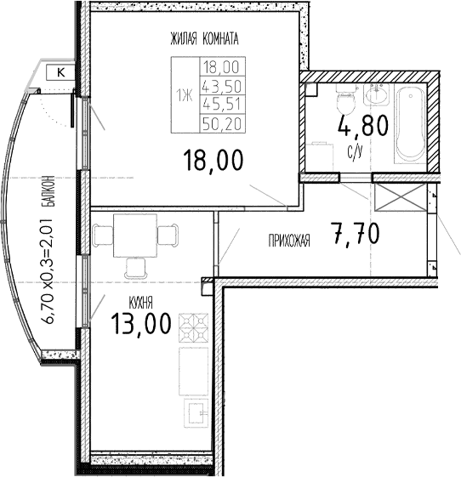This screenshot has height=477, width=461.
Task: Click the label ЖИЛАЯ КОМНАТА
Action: (203, 38)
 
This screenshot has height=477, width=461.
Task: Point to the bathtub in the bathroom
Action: (411, 123)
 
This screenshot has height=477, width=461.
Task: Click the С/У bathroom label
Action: (355, 152)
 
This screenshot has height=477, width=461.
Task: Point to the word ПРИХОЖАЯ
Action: (288, 241)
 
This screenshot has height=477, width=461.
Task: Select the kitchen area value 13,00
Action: (140, 323)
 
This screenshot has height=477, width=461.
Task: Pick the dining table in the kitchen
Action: (135, 232)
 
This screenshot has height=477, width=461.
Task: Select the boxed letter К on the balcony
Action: (60, 73)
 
